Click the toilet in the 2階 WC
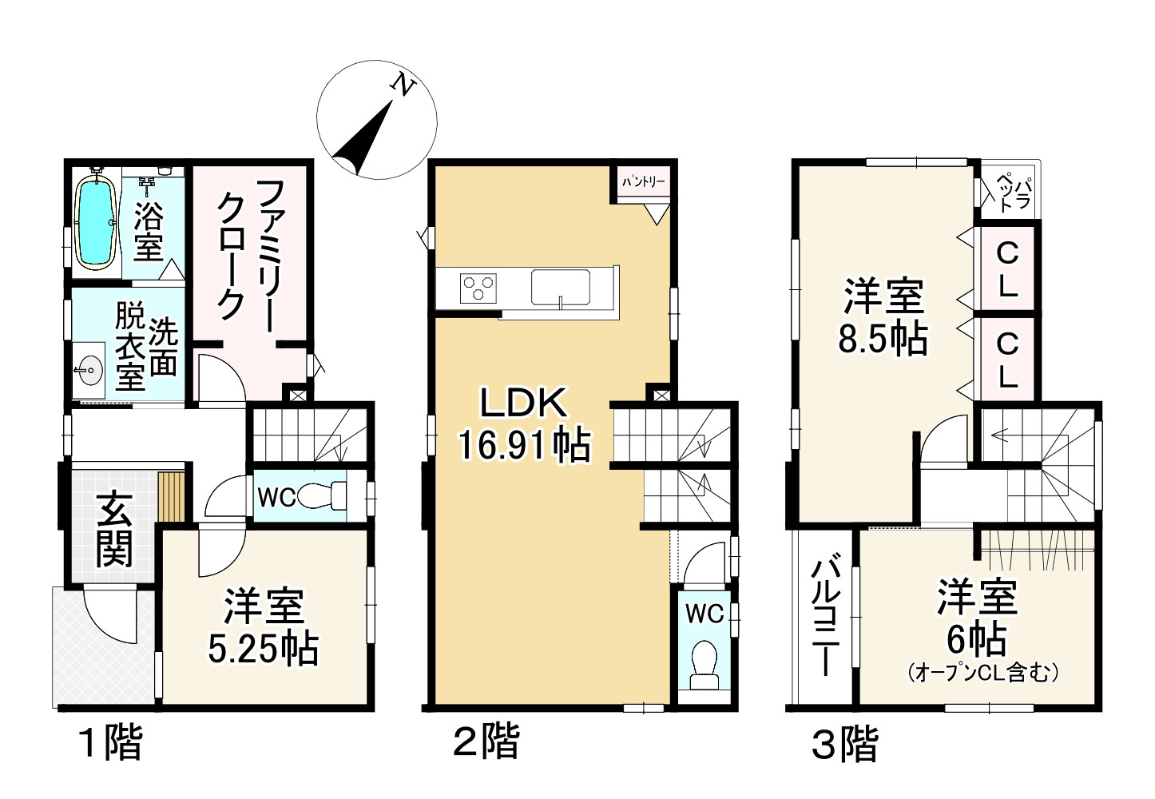[703, 664]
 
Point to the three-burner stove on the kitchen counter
[477, 287]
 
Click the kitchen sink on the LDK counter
[562, 285]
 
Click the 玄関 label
[114, 529]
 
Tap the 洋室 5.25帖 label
[263, 628]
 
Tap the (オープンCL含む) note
[983, 674]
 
